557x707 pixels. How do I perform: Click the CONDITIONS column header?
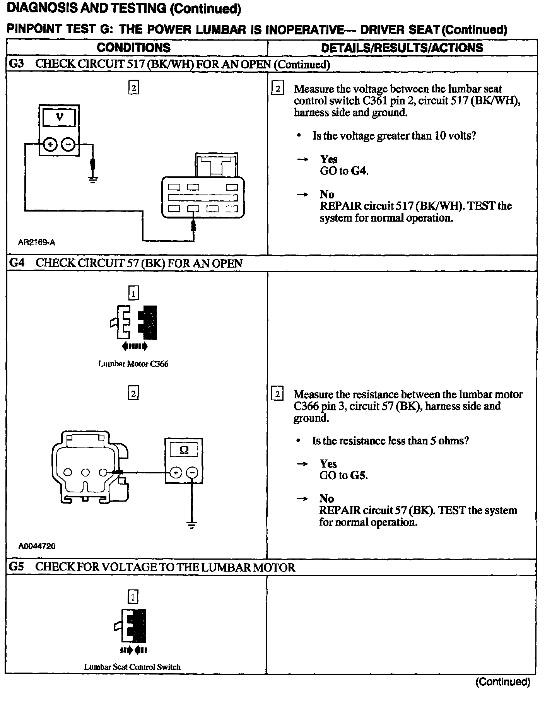133,48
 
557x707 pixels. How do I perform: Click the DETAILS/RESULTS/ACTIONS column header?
402,48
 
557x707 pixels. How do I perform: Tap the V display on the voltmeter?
59,117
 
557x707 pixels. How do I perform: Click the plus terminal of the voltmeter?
50,145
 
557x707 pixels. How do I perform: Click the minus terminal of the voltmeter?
68,145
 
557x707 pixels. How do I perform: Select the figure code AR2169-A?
36,242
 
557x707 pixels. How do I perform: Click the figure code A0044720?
37,546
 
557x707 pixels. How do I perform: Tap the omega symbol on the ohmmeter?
184,450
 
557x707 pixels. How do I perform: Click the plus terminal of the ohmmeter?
176,473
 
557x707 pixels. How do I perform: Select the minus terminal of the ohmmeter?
192,473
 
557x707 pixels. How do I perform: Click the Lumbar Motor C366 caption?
133,364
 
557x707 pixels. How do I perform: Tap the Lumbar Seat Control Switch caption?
132,667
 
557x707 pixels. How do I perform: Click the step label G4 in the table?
17,263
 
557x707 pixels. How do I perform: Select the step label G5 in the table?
16,567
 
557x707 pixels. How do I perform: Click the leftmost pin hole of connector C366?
68,472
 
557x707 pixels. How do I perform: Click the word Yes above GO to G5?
328,464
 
